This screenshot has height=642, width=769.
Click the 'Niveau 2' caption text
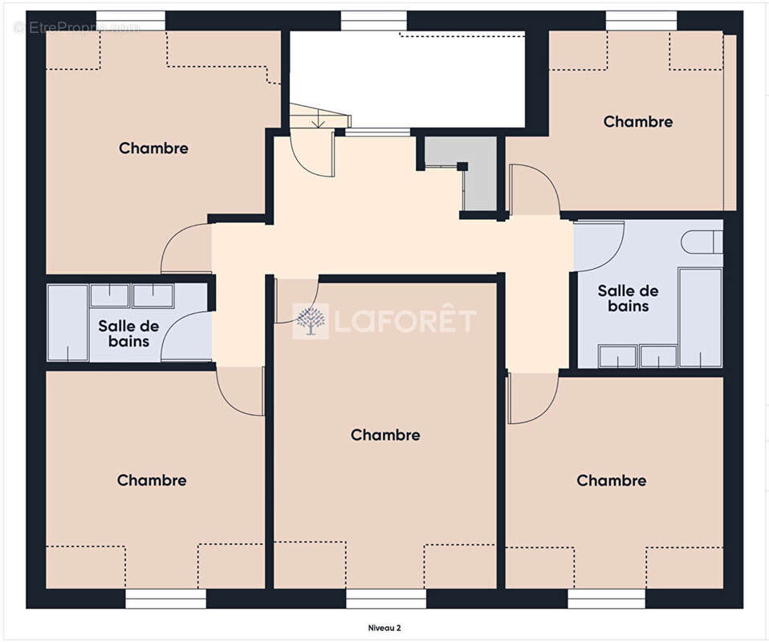coord(384,628)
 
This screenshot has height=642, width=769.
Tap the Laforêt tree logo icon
coord(311,321)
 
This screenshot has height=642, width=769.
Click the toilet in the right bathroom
coord(702,242)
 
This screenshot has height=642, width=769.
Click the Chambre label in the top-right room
coord(637,122)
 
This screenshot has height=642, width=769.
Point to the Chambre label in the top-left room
coord(153,148)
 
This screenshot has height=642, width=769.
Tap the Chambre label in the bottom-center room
coord(385,435)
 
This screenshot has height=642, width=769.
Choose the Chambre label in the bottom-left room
coord(152,480)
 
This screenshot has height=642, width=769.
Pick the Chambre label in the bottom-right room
coord(611,481)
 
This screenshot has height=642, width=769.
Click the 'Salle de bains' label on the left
coord(128,334)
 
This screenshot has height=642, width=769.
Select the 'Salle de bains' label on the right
coord(629,299)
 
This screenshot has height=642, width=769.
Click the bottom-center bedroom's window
coord(386,599)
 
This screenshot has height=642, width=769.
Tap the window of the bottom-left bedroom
coord(166,599)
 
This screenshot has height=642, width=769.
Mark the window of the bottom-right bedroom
coord(607,599)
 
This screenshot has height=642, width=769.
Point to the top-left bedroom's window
coord(131,21)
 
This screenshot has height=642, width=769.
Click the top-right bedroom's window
coord(641,21)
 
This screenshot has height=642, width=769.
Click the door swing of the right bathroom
coord(599,246)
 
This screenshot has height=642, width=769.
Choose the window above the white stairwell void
coord(374,21)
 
